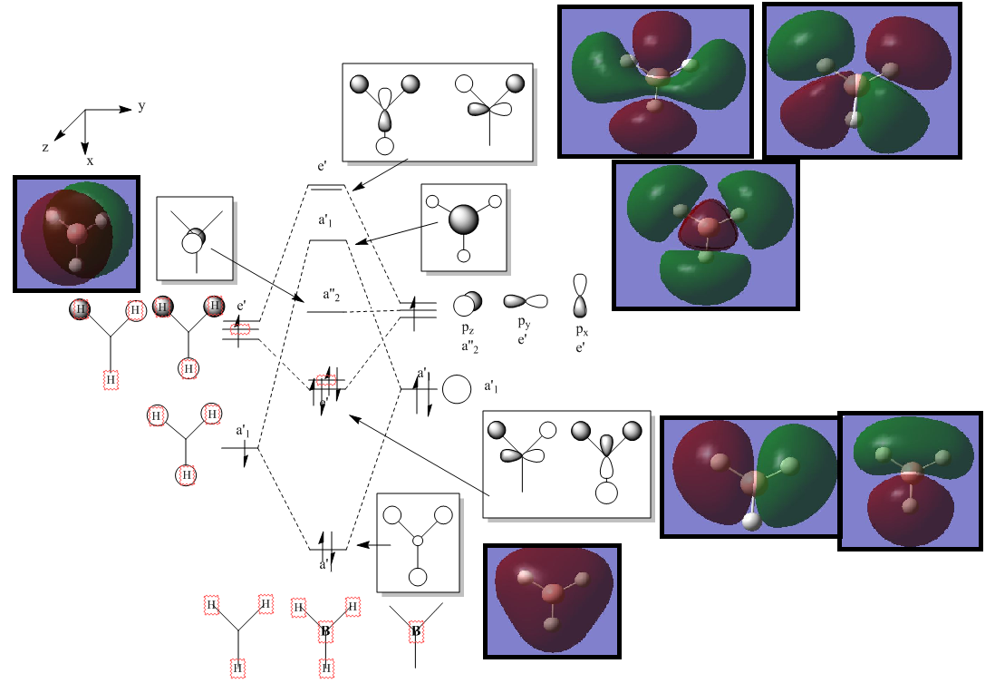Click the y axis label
[x=141, y=106]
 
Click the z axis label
[x=45, y=146]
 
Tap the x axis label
[x=90, y=161]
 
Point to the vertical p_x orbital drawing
[x=581, y=295]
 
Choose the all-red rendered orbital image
[x=552, y=600]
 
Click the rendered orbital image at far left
[x=76, y=234]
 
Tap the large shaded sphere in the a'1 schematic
[x=463, y=220]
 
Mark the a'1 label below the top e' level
[x=326, y=220]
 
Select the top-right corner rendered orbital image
[x=861, y=80]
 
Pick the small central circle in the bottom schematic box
[x=418, y=542]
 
